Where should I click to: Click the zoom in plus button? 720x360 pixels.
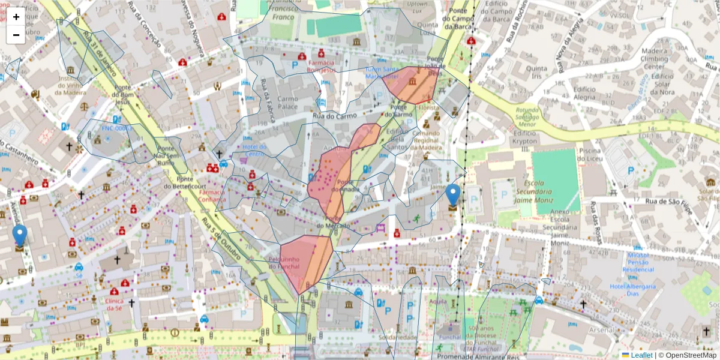coord(16,17)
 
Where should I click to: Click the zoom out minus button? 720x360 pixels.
coord(16,35)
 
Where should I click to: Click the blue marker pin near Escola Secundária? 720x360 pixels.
coord(453,197)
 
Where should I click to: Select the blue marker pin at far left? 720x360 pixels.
coord(20,237)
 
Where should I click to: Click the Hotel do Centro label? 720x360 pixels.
coord(254,151)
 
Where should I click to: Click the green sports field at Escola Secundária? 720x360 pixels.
coord(556,180)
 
